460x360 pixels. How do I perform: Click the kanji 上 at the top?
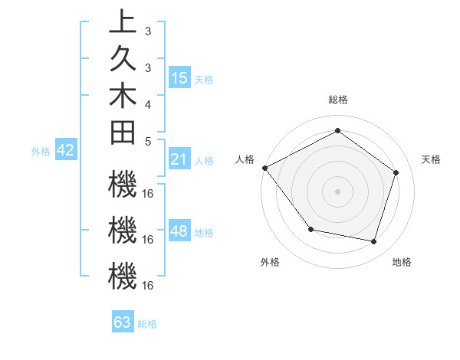pyautogui.click(x=122, y=22)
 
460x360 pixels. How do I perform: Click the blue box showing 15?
pyautogui.click(x=179, y=78)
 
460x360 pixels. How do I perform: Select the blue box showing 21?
pyautogui.click(x=179, y=160)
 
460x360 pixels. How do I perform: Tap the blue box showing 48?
pyautogui.click(x=179, y=232)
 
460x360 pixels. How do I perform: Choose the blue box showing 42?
pyautogui.click(x=66, y=151)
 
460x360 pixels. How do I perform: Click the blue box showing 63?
pyautogui.click(x=123, y=322)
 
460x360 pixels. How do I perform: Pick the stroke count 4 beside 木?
pyautogui.click(x=147, y=103)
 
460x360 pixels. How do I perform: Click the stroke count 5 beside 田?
pyautogui.click(x=147, y=141)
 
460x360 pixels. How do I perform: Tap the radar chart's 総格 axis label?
pyautogui.click(x=337, y=100)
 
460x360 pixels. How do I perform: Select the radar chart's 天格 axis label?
pyautogui.click(x=432, y=159)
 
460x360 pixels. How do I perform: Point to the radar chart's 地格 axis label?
pyautogui.click(x=402, y=262)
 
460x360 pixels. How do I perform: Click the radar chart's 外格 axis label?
pyautogui.click(x=270, y=262)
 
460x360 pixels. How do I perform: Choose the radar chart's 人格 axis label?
pyautogui.click(x=245, y=159)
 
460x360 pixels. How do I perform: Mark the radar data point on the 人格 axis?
pyautogui.click(x=264, y=168)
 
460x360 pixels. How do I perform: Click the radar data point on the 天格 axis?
pyautogui.click(x=396, y=172)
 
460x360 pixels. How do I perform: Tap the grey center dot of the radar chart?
pyautogui.click(x=337, y=191)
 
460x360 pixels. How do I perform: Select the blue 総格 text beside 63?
pyautogui.click(x=147, y=324)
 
